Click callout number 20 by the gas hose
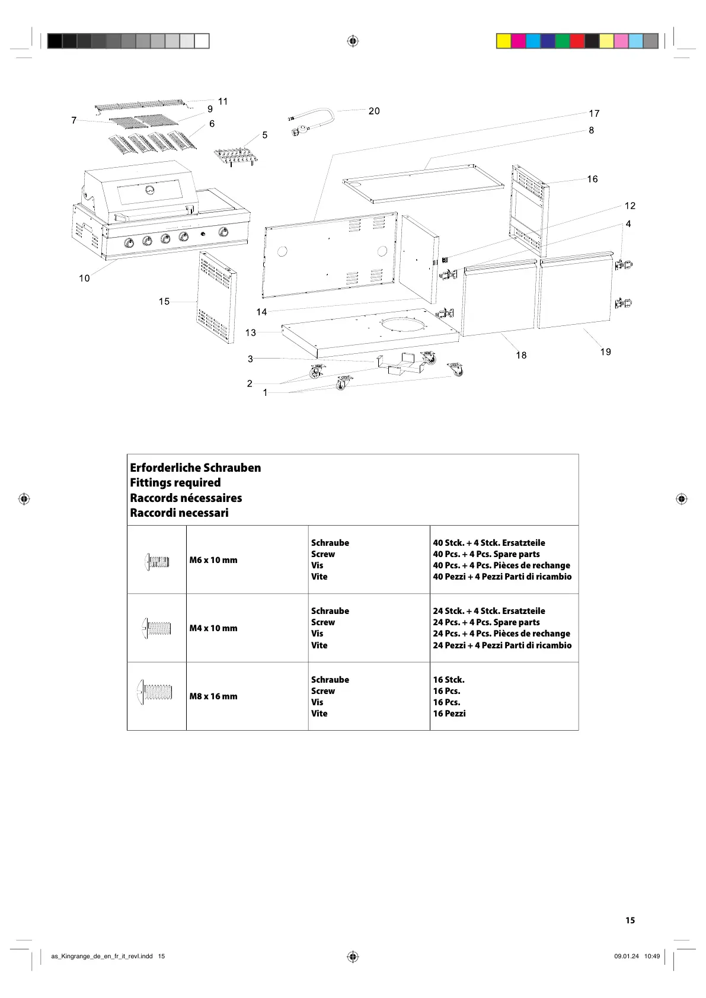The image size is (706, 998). [x=374, y=111]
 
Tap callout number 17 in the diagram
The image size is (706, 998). [x=594, y=113]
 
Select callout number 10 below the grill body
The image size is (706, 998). [x=84, y=278]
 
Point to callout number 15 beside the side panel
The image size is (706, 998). [x=164, y=301]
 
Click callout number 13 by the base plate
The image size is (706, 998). [x=251, y=332]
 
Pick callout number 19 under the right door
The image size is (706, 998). [x=605, y=351]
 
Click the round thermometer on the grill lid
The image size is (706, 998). [x=149, y=191]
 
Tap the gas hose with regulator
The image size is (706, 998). [x=312, y=120]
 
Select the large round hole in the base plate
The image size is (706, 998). [x=404, y=325]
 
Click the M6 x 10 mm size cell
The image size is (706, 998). [x=213, y=560]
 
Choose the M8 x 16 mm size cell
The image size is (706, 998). [x=213, y=696]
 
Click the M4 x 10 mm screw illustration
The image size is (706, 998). [x=156, y=628]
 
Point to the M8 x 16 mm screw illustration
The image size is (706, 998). [x=155, y=692]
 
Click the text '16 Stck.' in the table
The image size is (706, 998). [x=449, y=680]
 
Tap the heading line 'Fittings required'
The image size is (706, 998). [x=175, y=482]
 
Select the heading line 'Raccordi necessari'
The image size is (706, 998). [x=179, y=513]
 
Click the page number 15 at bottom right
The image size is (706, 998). [x=630, y=920]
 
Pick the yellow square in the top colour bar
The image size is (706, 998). [x=503, y=41]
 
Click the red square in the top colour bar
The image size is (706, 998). [x=577, y=41]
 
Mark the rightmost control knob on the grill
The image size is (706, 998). [x=223, y=232]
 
